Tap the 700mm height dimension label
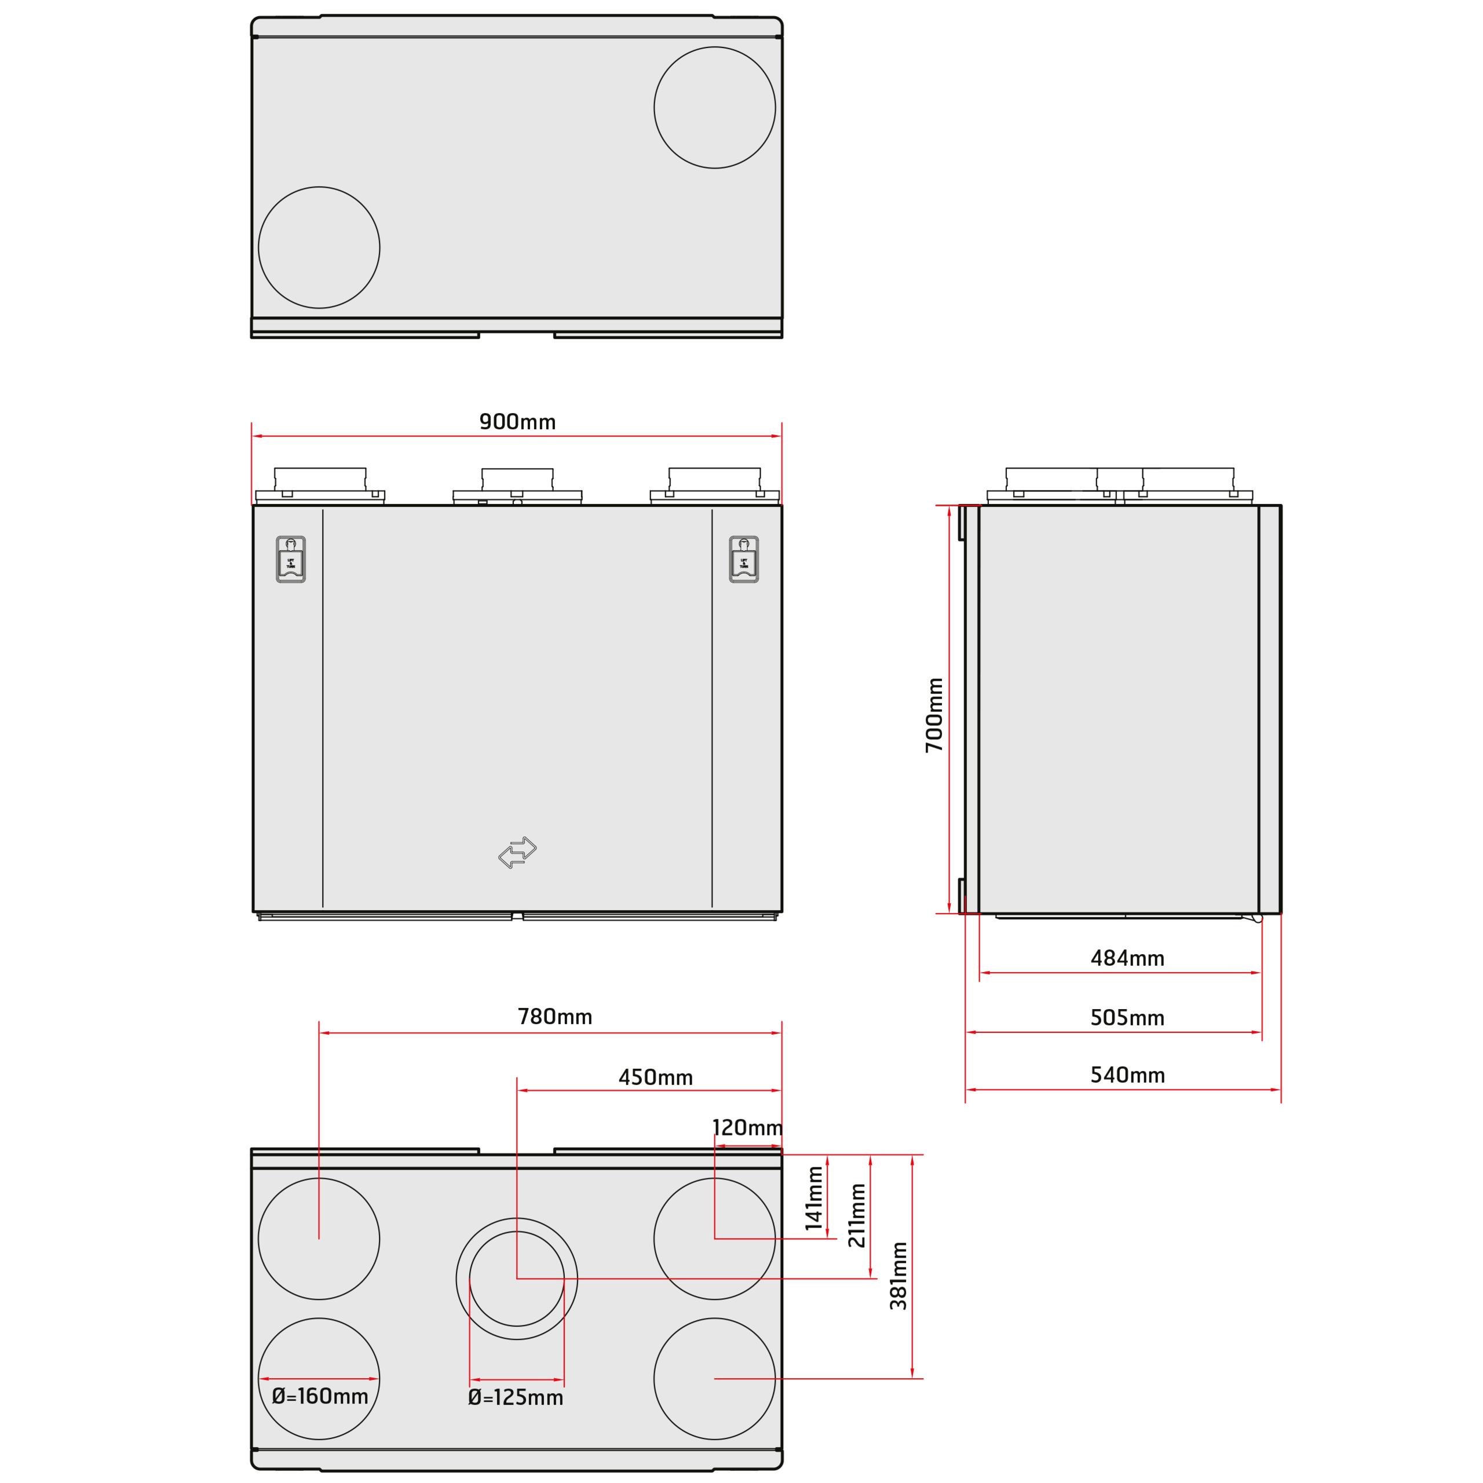[934, 715]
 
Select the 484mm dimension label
[1128, 959]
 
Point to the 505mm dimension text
[1128, 1018]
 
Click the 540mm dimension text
[1128, 1075]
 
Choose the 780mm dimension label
[555, 1017]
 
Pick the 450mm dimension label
[656, 1077]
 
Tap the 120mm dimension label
[748, 1128]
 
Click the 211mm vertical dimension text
[857, 1215]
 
